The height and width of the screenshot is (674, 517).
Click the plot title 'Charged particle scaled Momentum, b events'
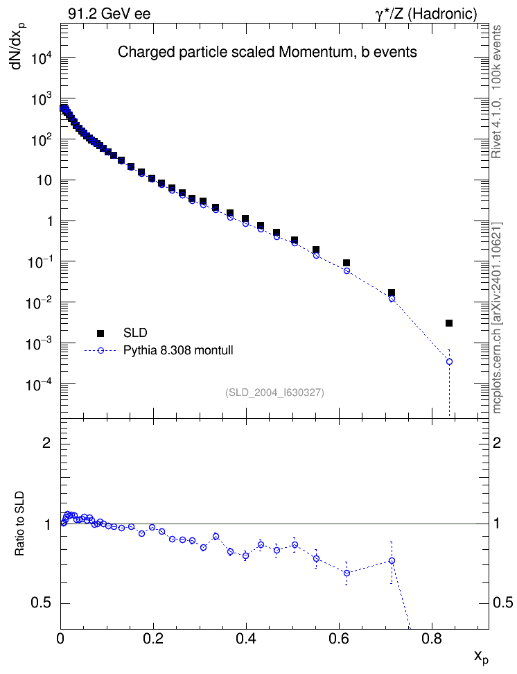(x=268, y=52)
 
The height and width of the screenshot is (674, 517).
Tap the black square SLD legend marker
(x=100, y=333)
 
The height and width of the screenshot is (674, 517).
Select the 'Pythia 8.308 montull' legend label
(x=178, y=350)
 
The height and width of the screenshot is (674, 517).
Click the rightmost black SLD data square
(x=449, y=323)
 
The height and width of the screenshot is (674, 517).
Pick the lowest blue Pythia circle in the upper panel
(x=449, y=361)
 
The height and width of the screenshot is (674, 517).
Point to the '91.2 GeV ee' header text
(x=109, y=14)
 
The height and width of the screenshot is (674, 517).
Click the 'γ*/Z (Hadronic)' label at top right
(x=426, y=14)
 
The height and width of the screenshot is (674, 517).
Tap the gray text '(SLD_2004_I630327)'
(x=274, y=392)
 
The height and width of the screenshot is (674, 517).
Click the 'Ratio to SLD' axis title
(x=20, y=523)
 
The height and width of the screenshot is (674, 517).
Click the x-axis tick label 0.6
(x=339, y=639)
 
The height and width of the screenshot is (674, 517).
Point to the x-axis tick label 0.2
(x=153, y=639)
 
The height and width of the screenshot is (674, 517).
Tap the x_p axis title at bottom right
(x=482, y=657)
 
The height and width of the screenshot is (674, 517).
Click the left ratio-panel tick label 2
(x=47, y=442)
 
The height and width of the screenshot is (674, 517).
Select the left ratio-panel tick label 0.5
(x=41, y=603)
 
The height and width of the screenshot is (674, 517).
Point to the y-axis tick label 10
(x=44, y=180)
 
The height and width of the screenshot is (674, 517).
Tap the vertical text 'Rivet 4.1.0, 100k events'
(x=496, y=92)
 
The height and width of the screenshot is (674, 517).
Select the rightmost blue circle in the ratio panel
(x=392, y=560)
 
